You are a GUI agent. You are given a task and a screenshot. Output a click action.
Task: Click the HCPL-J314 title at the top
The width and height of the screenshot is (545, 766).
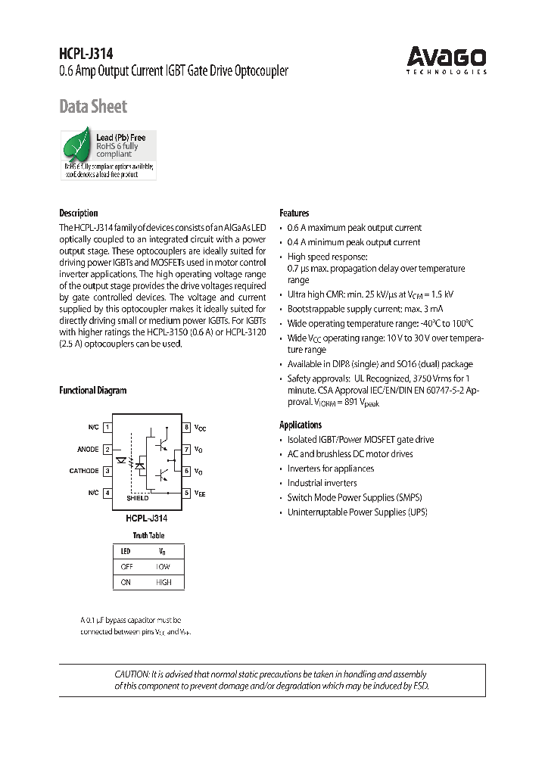pos(86,54)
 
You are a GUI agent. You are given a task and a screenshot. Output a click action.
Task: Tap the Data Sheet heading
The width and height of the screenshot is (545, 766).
pos(93,107)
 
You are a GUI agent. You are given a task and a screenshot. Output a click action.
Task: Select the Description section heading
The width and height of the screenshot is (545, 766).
pos(79,213)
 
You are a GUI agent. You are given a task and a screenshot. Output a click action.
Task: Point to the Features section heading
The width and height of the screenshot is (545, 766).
pos(294,213)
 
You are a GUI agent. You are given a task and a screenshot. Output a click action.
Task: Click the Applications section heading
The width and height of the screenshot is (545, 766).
pos(301,425)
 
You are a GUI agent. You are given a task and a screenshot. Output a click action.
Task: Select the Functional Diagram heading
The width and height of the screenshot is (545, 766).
pos(93,391)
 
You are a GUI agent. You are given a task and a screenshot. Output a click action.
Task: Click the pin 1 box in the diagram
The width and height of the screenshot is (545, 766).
pos(108,428)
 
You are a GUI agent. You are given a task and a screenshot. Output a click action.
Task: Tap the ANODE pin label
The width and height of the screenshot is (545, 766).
pos(88,450)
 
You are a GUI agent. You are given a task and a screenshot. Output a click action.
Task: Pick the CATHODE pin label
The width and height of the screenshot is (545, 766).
pos(84,471)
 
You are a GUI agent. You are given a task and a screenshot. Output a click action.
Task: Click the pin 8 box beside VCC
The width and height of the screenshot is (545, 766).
pos(186,428)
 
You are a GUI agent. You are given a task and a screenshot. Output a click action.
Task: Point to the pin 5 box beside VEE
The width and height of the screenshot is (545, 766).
pos(186,493)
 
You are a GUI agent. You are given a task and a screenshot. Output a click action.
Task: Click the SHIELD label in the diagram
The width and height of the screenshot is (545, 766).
pos(137,498)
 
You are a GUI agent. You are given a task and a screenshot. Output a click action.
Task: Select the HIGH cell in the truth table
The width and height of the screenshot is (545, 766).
pos(163,582)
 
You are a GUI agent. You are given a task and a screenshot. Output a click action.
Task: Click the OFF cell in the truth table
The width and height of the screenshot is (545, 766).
pos(126,566)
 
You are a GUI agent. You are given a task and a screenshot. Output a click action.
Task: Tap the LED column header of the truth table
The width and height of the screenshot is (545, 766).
pos(126,551)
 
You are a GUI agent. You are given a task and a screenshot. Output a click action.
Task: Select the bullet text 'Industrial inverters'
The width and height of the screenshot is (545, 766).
pos(322,483)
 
